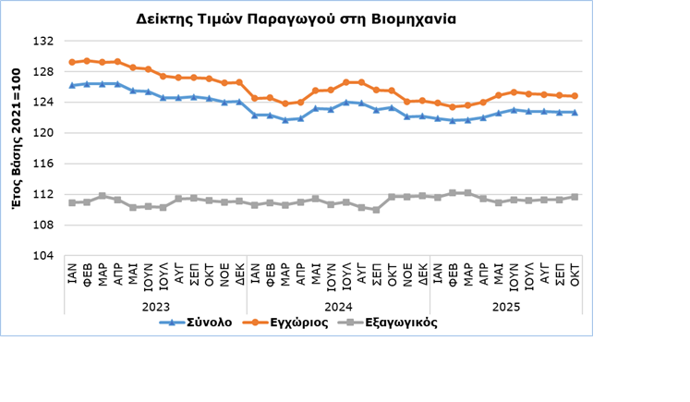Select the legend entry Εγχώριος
(293, 323)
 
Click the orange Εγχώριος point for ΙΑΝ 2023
(72, 62)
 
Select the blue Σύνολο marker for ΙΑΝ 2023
(72, 85)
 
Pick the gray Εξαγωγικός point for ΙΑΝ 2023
(72, 202)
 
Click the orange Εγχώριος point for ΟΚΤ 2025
(575, 95)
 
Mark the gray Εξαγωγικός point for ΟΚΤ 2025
(575, 197)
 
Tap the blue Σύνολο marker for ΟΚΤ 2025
(575, 113)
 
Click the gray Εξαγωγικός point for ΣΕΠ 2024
(377, 210)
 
